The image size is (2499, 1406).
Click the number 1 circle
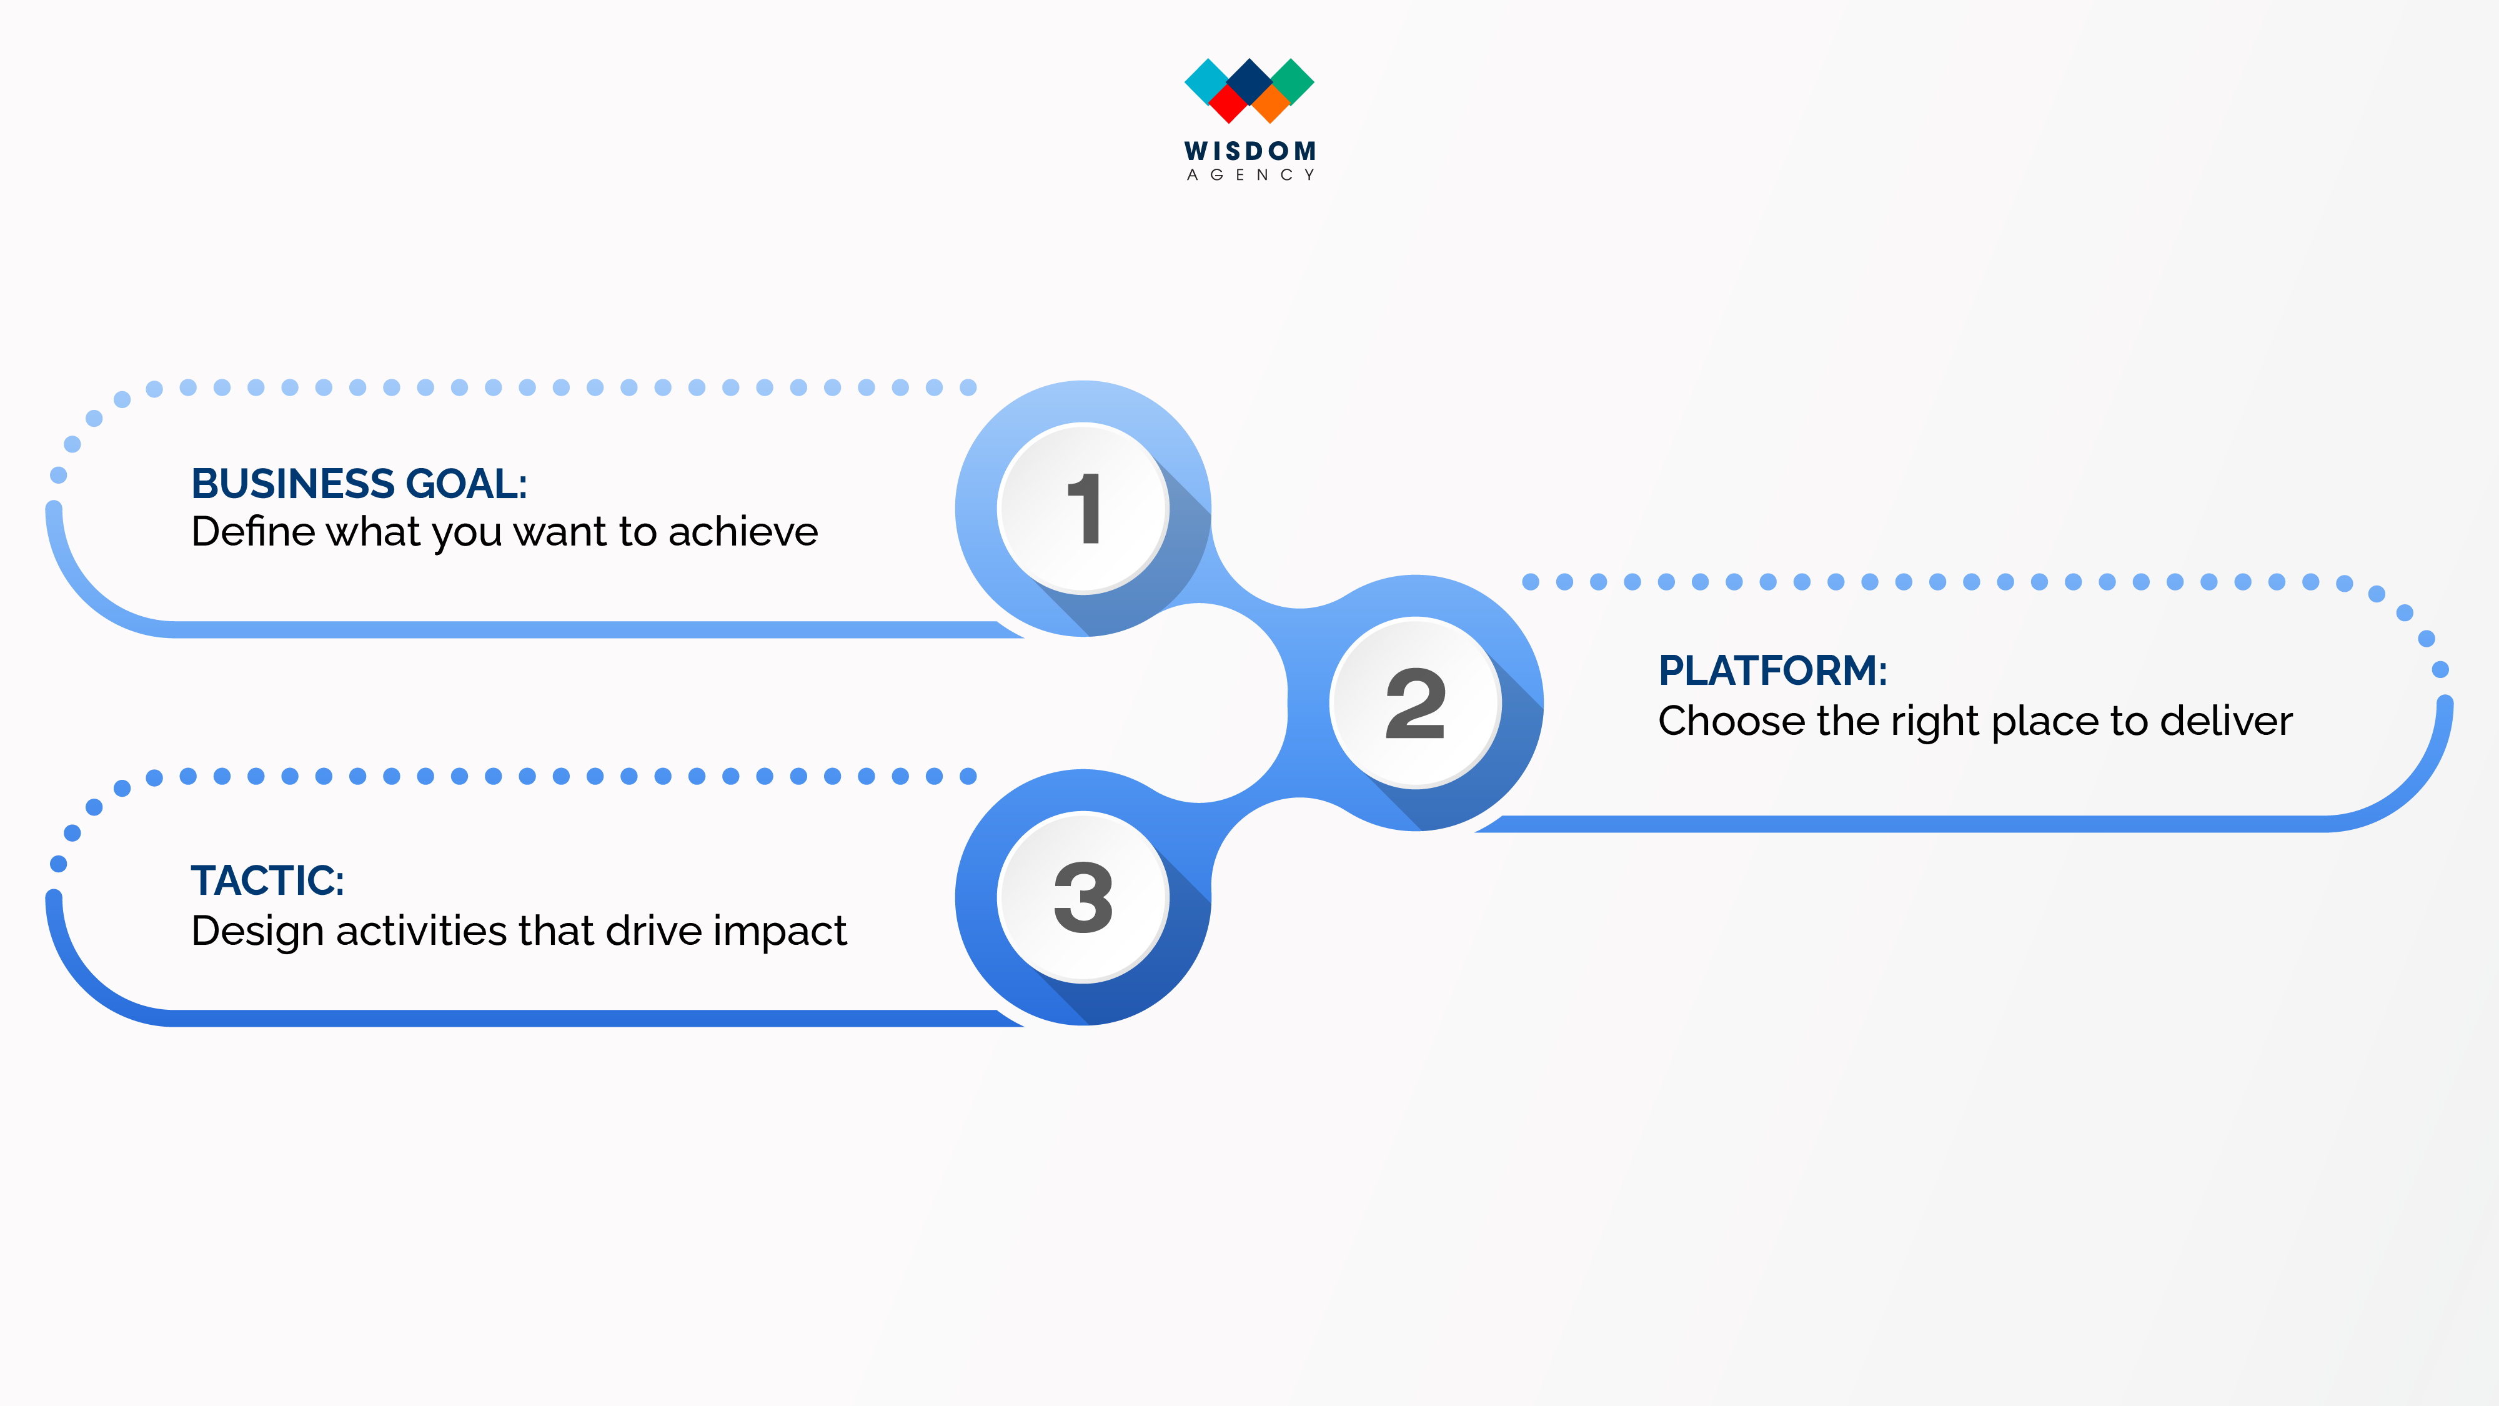1083,509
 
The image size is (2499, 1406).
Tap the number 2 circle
1416,702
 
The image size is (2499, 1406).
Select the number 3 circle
1083,897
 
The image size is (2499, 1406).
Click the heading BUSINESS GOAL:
359,483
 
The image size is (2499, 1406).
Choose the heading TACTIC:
268,880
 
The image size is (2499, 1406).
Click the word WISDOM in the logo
1249,151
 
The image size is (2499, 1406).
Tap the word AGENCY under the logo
1249,175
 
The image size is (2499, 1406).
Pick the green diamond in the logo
1292,81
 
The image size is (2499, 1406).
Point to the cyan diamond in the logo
1207,81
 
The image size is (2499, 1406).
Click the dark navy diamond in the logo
1249,81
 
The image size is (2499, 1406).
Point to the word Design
257,932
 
